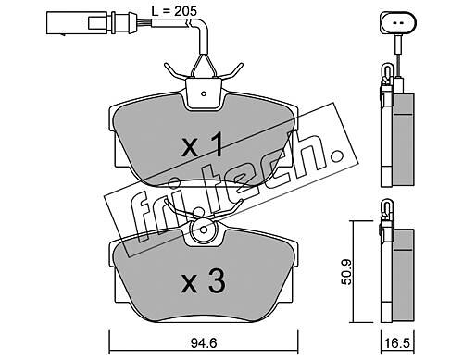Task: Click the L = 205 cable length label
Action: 174,11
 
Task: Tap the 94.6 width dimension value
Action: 204,343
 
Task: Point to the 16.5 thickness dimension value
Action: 397,343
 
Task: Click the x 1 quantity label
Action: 202,144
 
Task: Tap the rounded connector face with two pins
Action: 398,23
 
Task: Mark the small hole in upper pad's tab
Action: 203,93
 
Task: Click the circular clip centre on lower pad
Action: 204,230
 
